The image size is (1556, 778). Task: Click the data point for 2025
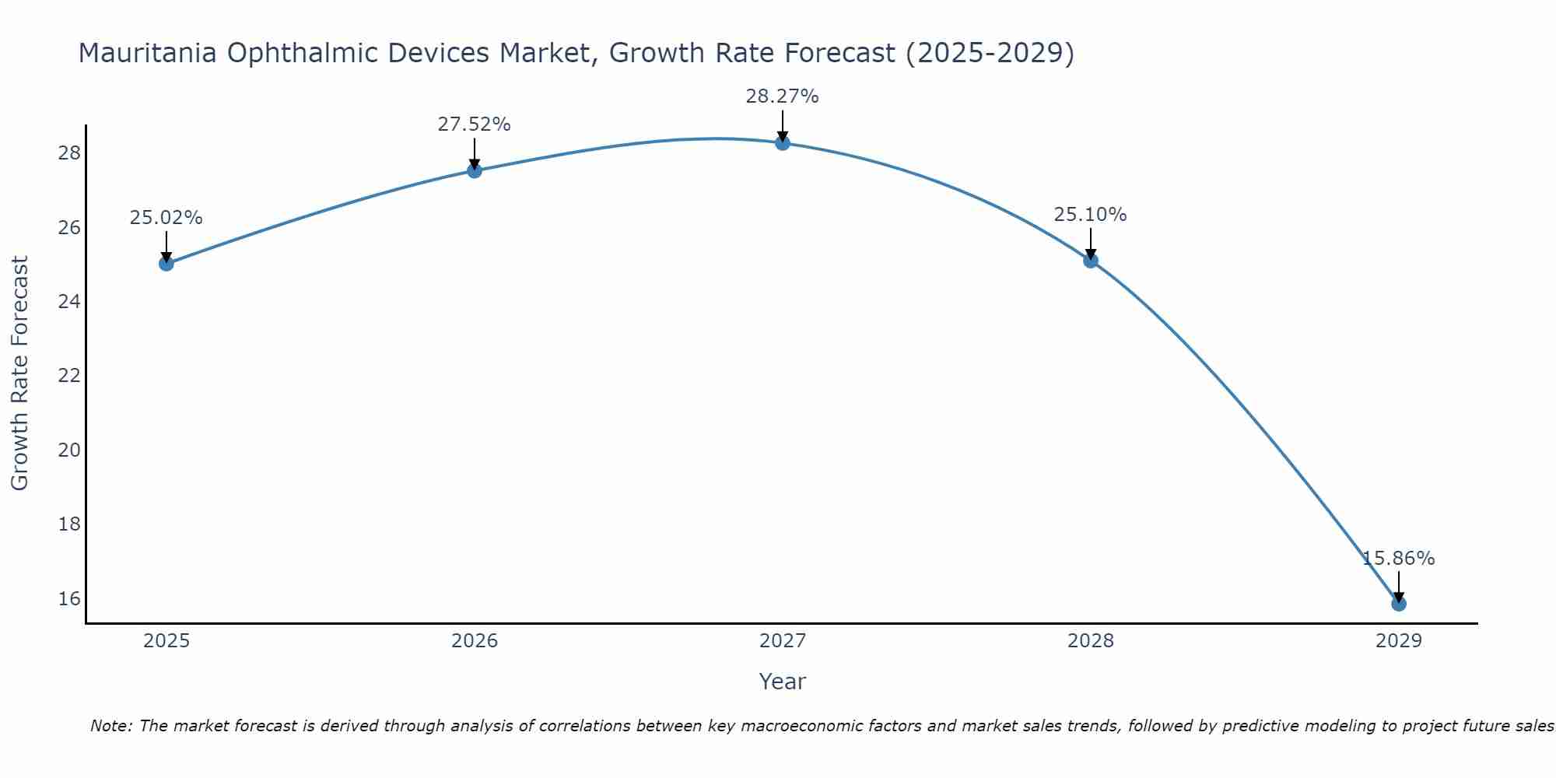tap(166, 264)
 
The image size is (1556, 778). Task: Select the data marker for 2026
tap(475, 170)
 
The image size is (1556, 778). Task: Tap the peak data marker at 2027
tap(783, 143)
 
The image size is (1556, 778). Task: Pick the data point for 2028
tap(1091, 261)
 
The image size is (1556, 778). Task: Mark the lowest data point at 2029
tap(1399, 604)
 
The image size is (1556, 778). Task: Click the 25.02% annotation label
tap(166, 218)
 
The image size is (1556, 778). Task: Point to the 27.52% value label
tap(474, 124)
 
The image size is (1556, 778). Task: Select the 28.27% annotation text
tap(782, 96)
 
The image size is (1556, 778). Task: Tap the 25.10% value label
tap(1090, 215)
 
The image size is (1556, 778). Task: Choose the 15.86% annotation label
tap(1398, 559)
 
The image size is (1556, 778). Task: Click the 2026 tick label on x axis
tap(475, 641)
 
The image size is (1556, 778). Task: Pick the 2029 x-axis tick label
tap(1399, 641)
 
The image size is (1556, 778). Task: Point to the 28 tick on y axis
tap(69, 153)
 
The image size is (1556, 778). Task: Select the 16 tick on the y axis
tap(69, 599)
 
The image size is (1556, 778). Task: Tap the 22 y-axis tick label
tap(69, 376)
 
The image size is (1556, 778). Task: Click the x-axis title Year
tap(782, 682)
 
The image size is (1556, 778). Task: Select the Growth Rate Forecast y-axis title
tap(19, 373)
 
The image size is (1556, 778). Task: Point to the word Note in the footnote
tap(110, 726)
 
